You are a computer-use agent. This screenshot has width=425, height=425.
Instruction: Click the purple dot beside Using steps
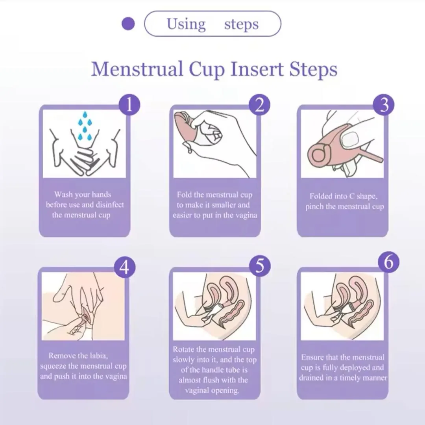(x=128, y=24)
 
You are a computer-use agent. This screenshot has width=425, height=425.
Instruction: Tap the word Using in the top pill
(x=186, y=24)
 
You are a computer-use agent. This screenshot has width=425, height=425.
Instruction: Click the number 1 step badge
(x=129, y=105)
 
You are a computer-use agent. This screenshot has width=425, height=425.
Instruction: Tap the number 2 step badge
(x=259, y=105)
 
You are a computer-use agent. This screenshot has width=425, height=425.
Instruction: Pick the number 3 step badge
(x=384, y=105)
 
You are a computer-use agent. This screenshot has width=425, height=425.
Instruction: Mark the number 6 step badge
(x=389, y=262)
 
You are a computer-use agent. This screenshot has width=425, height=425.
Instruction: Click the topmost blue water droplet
(x=85, y=115)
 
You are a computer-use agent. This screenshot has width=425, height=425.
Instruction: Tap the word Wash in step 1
(x=63, y=195)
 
